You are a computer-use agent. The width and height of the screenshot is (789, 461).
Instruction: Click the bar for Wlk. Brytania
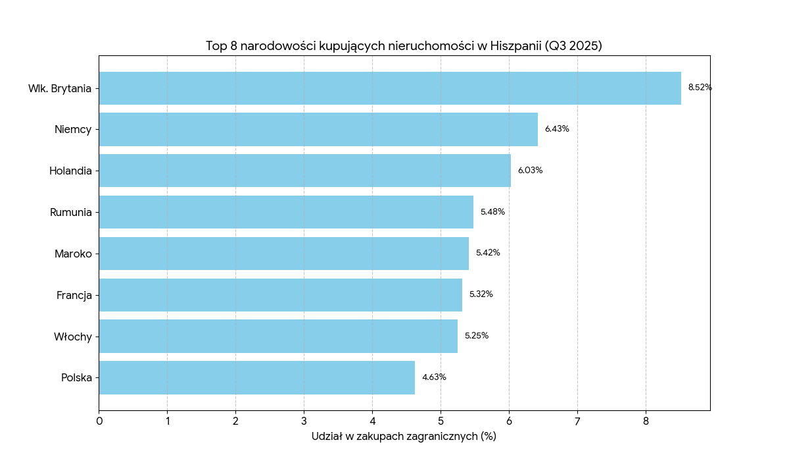[390, 88]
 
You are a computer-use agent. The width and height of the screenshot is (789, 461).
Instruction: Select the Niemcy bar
[318, 129]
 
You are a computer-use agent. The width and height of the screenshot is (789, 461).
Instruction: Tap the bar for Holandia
[304, 171]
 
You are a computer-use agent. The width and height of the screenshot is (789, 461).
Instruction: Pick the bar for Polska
[256, 377]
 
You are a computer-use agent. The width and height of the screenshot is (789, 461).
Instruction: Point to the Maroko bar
[283, 254]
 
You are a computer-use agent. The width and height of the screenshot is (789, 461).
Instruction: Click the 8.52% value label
[700, 88]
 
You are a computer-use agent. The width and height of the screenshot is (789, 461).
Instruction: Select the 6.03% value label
[530, 171]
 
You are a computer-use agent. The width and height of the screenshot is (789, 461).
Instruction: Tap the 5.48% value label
[492, 212]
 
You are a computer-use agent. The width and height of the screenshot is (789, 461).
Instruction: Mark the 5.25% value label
[477, 336]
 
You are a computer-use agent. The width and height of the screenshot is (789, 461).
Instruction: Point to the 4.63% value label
[434, 377]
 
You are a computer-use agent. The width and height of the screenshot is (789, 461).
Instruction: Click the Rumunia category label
[70, 212]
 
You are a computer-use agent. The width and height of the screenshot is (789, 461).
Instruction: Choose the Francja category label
[74, 295]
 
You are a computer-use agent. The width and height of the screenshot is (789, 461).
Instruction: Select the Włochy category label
[72, 337]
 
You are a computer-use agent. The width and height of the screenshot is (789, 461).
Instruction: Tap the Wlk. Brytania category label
[59, 88]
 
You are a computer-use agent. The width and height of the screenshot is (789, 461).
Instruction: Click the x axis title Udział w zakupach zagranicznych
[404, 436]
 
